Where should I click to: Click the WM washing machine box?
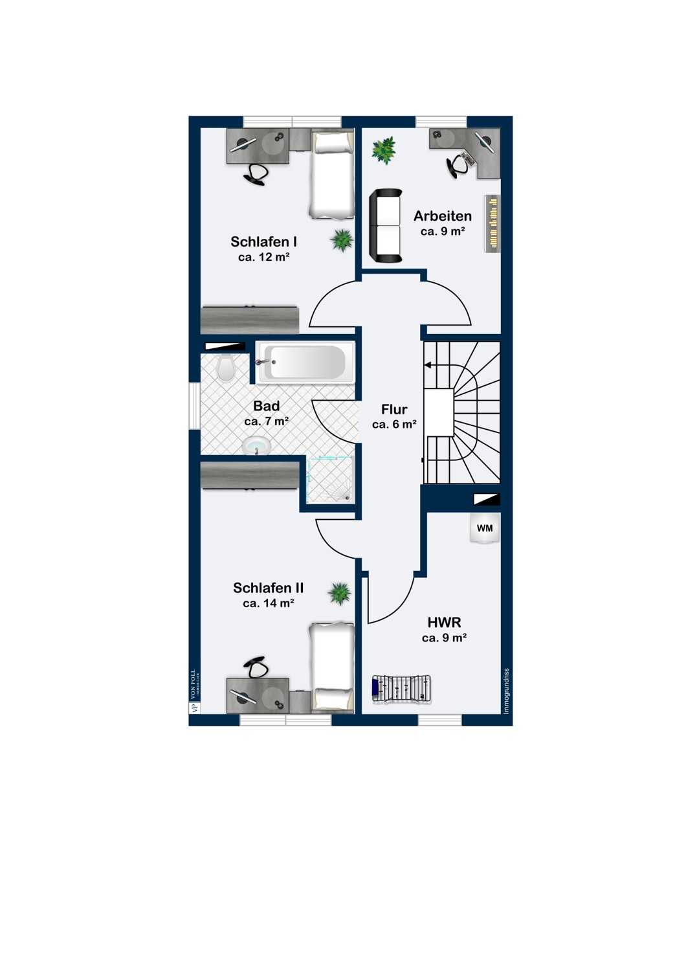coord(485,528)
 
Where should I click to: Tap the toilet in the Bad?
coord(226,368)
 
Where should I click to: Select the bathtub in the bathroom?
coord(305,363)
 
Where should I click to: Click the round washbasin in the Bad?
coord(256,445)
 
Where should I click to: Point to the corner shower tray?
coord(331,480)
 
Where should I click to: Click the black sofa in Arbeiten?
coord(385,226)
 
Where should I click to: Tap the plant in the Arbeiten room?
coord(384,150)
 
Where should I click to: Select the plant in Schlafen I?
coord(341,240)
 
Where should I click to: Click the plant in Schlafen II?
coord(339,593)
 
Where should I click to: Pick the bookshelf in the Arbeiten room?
coord(492,223)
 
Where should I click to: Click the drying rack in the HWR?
coord(402,688)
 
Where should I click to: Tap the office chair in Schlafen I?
coord(256,174)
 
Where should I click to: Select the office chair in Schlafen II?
coord(256,667)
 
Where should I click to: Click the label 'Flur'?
coord(394,410)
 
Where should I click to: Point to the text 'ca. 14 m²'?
coord(269,603)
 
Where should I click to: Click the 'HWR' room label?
coord(444,623)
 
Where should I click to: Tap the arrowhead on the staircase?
coord(428,366)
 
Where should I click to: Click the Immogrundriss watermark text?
coord(506,691)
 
